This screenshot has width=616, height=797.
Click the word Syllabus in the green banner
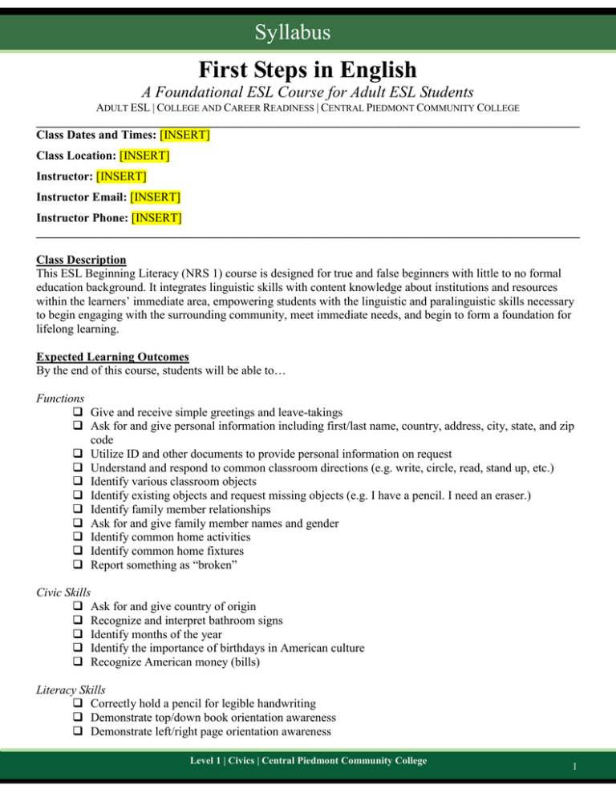(308, 33)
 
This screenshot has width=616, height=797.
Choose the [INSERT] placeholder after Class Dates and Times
(185, 135)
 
